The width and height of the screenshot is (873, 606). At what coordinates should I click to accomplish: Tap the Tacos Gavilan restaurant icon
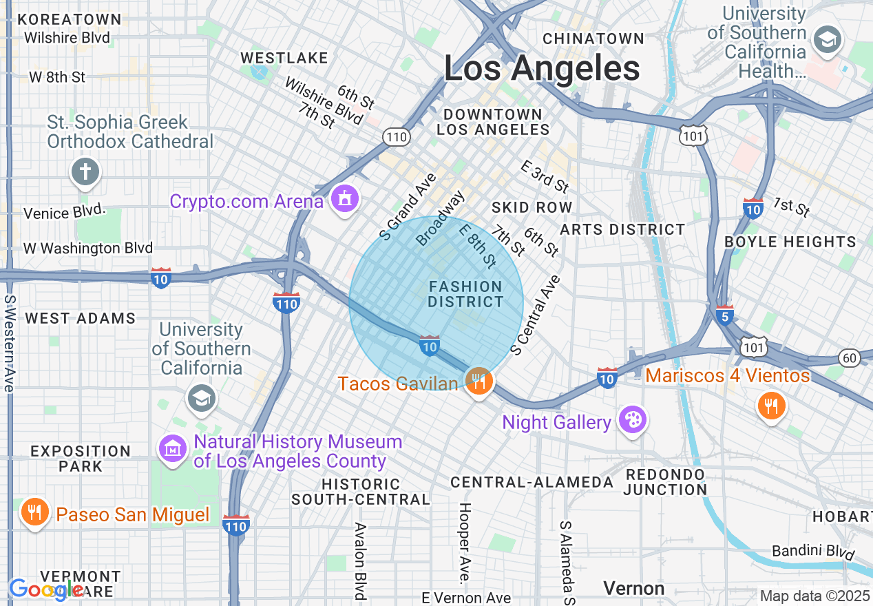pos(478,381)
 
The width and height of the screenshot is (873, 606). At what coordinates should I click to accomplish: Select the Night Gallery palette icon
pos(631,420)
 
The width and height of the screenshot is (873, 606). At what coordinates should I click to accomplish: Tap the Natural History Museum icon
pos(173,450)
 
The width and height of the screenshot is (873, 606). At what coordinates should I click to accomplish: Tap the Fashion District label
pos(466,294)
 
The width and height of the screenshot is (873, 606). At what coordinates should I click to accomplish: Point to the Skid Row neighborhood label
pos(532,207)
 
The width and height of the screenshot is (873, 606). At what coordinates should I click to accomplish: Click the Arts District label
pos(622,229)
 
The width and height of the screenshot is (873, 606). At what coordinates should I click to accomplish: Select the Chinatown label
pos(593,39)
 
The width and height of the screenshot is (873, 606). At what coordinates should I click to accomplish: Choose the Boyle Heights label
pos(790,242)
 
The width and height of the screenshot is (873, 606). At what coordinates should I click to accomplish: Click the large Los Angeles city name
pos(542,69)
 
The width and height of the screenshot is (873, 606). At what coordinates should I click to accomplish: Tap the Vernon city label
pos(633,588)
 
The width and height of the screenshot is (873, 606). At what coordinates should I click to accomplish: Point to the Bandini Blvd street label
pos(813,552)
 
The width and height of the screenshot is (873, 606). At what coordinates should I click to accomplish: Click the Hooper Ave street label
pos(465,544)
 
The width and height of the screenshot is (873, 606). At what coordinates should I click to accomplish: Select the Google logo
pos(45,589)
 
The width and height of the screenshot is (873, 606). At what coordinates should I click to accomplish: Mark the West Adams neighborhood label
pos(80,318)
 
